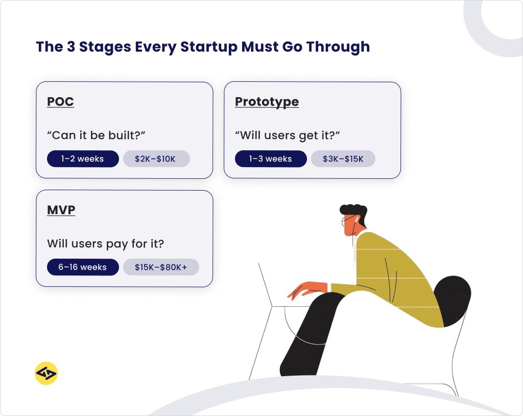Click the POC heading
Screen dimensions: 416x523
(60, 102)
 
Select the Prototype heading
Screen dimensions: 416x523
(267, 102)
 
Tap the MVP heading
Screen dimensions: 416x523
(61, 210)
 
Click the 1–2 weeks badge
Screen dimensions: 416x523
(82, 159)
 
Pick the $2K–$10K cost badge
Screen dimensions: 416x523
(156, 159)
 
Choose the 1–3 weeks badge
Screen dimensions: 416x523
(270, 159)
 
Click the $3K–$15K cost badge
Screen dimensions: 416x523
(343, 159)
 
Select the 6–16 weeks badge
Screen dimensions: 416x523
(82, 267)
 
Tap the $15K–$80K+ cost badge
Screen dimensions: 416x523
(161, 267)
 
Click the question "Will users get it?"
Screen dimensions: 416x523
(288, 135)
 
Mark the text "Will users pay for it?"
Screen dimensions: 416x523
(105, 244)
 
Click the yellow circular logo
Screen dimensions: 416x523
(46, 373)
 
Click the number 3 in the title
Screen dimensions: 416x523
(70, 47)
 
